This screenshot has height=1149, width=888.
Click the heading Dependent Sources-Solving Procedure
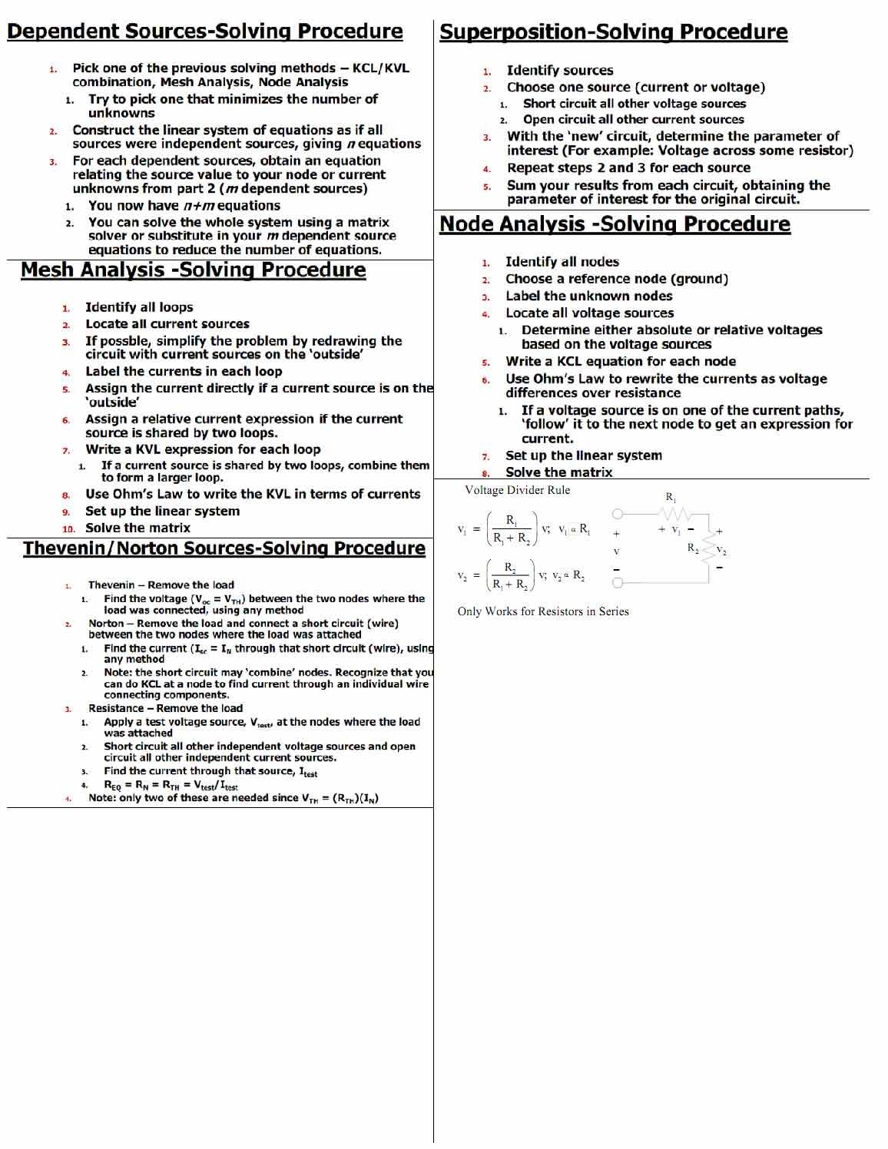pos(204,31)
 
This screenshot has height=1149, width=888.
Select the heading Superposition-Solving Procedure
pos(613,32)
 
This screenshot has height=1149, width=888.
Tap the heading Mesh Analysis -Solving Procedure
pos(193,270)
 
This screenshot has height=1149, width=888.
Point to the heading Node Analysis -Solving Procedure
pos(615,224)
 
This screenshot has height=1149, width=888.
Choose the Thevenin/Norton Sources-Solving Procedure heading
pos(224,548)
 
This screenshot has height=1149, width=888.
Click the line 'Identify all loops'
pos(139,307)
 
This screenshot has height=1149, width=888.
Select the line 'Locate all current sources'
pos(167,324)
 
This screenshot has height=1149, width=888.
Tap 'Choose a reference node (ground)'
pos(616,279)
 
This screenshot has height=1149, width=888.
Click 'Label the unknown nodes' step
pos(588,296)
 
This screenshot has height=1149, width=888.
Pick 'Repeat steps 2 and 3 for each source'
pos(628,168)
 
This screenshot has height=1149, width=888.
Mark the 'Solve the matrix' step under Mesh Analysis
pos(138,528)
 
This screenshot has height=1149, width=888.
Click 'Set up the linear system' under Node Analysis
pos(583,455)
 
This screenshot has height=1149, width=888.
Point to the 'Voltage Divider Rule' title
pos(517,490)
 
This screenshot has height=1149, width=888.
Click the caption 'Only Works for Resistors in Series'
pos(543,611)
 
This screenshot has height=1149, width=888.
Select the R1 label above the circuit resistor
pos(670,497)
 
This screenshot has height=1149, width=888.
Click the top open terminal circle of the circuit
pos(617,513)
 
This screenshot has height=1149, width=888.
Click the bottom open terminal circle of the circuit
pos(617,583)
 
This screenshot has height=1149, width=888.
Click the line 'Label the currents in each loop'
pos(183,372)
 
